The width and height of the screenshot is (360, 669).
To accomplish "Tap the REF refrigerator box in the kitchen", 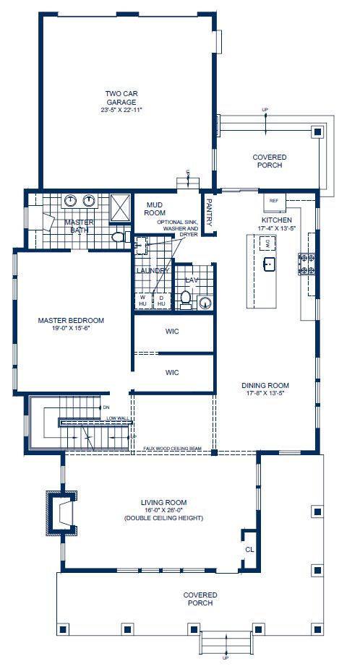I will (x=274, y=200).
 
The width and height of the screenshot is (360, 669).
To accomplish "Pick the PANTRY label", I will (x=209, y=212).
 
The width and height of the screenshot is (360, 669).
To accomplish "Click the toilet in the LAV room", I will (x=185, y=298).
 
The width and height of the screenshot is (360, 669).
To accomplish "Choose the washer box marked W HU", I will (x=142, y=300).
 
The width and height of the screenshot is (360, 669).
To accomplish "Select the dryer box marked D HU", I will (x=161, y=300).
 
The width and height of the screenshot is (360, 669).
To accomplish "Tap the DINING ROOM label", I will (x=265, y=389).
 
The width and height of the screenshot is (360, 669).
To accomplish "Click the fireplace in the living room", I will (x=64, y=513).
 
